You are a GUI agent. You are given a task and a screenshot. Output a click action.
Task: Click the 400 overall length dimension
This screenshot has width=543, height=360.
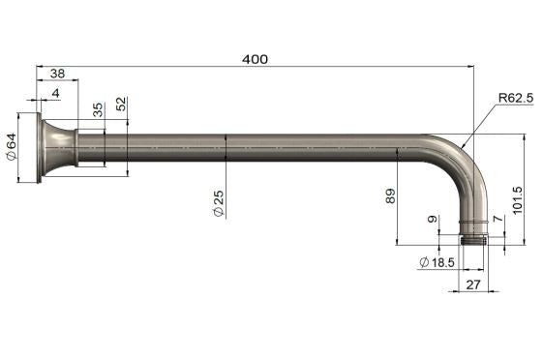(x=255, y=58)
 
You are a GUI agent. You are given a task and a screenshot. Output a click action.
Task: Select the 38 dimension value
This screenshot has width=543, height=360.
(x=57, y=73)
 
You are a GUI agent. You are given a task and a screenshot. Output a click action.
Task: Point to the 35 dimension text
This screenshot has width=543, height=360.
(x=98, y=109)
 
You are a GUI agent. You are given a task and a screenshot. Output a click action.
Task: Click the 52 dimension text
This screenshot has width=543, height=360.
(x=121, y=105)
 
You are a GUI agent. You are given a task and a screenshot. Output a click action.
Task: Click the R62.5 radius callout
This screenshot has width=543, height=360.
(x=516, y=98)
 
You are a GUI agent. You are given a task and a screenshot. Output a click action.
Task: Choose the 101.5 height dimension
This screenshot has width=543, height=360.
(x=518, y=201)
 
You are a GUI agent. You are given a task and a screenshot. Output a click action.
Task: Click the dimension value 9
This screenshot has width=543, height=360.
(x=432, y=221)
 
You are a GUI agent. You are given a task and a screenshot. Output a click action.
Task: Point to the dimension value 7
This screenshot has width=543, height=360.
(x=498, y=222)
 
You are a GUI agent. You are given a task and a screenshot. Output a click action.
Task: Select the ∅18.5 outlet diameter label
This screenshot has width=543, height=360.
(x=437, y=262)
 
